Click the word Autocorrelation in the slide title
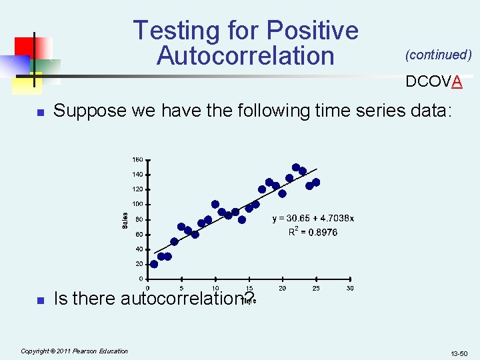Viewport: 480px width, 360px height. pyautogui.click(x=245, y=55)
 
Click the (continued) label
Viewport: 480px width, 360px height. pyautogui.click(x=439, y=55)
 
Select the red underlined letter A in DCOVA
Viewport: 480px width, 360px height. pyautogui.click(x=457, y=81)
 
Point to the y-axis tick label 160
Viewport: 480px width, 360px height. pyautogui.click(x=137, y=160)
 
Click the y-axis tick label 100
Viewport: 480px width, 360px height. pyautogui.click(x=137, y=204)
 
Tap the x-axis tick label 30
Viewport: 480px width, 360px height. pyautogui.click(x=350, y=288)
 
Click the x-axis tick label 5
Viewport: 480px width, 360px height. pyautogui.click(x=181, y=288)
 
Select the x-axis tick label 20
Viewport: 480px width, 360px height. pyautogui.click(x=283, y=288)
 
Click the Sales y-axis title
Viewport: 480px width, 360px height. pyautogui.click(x=125, y=219)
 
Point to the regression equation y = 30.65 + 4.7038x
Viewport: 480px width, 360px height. pyautogui.click(x=313, y=218)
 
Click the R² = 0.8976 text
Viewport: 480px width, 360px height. pyautogui.click(x=313, y=232)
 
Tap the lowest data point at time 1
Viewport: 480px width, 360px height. pyautogui.click(x=154, y=264)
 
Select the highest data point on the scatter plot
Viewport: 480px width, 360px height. pyautogui.click(x=295, y=167)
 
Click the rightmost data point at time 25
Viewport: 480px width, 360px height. pyautogui.click(x=316, y=182)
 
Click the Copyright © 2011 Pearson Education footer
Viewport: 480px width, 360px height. pyautogui.click(x=74, y=351)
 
